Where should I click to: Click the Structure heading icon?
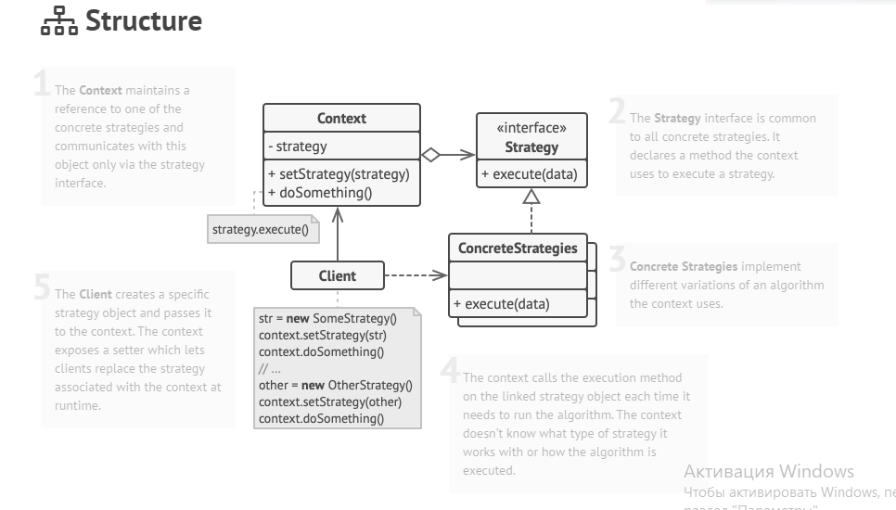pos(58,21)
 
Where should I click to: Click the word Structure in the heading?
pos(144,20)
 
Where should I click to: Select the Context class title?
pos(341,118)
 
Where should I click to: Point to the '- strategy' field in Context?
pos(297,146)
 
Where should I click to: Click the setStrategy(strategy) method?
pos(339,173)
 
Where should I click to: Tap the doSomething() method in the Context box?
pos(319,193)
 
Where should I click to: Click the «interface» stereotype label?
pos(531,128)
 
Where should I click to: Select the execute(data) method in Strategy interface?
pos(529,173)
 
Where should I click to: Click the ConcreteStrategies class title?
pos(518,249)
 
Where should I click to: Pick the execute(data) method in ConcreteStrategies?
pos(501,303)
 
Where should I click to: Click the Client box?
pos(338,275)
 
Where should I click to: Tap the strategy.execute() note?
pos(261,228)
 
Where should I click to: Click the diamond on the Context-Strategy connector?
pos(429,155)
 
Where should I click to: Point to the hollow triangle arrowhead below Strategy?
pos(531,196)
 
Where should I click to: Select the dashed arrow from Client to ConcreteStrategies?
pos(416,275)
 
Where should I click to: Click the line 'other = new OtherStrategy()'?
pos(335,385)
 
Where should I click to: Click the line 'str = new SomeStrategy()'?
pos(327,318)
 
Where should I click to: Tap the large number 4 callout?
pos(450,372)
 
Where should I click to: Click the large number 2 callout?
pos(617,112)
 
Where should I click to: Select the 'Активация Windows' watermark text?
pos(768,471)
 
